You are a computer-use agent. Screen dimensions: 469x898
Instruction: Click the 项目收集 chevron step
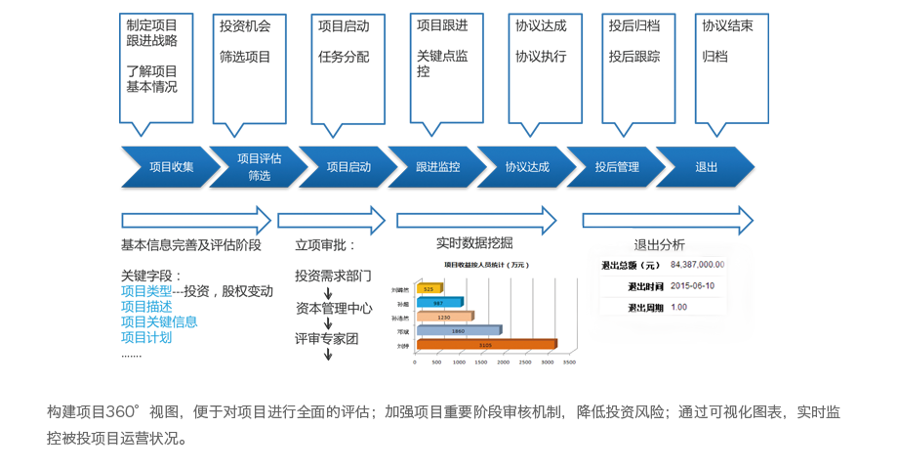[171, 167]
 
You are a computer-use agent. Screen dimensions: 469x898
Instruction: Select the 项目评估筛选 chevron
[259, 167]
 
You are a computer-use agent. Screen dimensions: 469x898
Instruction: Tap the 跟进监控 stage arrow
[437, 167]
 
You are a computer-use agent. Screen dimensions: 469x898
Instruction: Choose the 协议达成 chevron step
[527, 167]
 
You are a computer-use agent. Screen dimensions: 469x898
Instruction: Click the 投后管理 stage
[617, 167]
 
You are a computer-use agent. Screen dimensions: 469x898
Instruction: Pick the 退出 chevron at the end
[707, 167]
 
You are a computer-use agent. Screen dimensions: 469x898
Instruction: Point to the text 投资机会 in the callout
[246, 26]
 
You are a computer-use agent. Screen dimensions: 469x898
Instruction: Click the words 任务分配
[344, 57]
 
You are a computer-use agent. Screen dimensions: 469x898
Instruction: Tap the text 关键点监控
[441, 64]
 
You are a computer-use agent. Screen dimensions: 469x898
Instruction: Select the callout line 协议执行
[540, 57]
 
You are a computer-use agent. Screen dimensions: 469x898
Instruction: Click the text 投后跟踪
[633, 57]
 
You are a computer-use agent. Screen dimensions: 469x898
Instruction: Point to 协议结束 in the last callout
[727, 26]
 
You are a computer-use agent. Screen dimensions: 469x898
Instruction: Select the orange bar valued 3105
[486, 345]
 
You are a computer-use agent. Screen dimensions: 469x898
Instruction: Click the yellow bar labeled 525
[429, 289]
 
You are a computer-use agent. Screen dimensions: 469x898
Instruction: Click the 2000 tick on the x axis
[503, 362]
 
